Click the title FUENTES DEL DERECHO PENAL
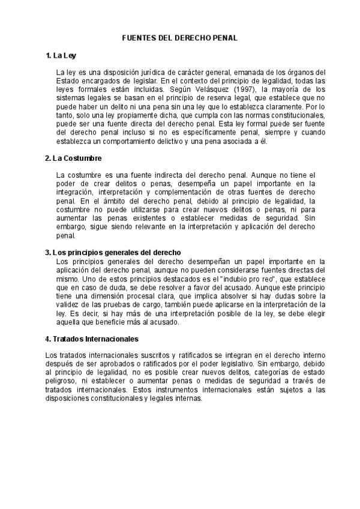coord(180,37)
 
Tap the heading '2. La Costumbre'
coord(73,158)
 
